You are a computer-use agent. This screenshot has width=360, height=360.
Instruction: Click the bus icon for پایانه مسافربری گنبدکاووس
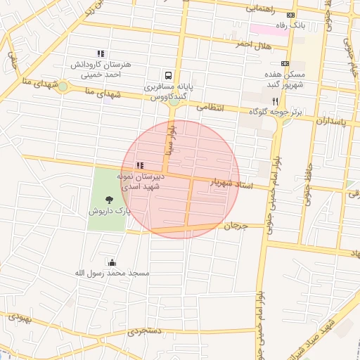tap(168, 75)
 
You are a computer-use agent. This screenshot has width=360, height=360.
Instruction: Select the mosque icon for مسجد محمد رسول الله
tap(111, 262)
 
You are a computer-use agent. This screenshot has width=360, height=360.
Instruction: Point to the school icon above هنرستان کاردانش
tap(101, 53)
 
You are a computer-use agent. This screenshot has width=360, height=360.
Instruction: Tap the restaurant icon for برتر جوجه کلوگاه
tap(285, 101)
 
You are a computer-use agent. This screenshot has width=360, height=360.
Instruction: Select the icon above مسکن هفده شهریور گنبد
tap(285, 63)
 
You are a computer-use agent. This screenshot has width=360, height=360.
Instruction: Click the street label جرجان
tap(238, 226)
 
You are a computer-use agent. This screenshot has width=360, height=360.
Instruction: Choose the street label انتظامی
tap(210, 108)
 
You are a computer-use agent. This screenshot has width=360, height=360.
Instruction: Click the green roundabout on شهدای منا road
tap(63, 86)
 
